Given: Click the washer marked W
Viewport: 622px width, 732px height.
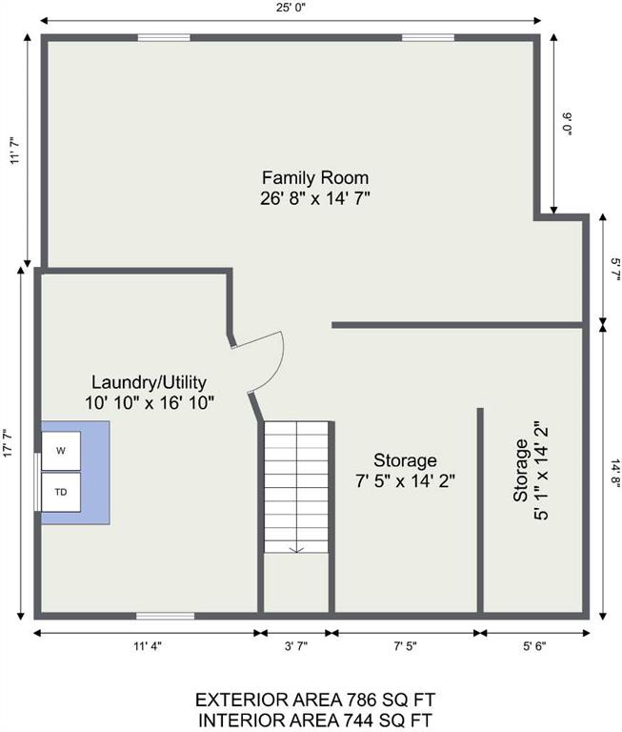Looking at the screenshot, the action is pos(61,451).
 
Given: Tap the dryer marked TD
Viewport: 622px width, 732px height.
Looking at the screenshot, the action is pos(61,492).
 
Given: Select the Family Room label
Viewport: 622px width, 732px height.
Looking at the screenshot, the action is pos(315,177).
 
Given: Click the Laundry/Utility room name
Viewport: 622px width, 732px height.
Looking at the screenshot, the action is pos(149,382).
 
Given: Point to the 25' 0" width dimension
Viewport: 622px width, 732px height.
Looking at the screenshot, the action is pos(291,8).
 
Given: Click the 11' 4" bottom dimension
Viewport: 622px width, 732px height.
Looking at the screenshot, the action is pos(147,646).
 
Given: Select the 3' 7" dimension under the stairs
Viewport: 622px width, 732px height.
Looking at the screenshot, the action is pos(296,646).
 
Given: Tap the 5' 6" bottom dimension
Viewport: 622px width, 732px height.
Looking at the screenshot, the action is pos(534,646).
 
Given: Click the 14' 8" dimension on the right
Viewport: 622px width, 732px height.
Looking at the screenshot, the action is pos(615,474).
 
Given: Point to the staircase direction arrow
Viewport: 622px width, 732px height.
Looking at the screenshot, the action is pos(296,549).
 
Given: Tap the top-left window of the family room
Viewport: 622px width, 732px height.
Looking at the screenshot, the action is pos(164,38).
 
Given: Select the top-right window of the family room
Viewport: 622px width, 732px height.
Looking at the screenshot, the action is pos(429,38).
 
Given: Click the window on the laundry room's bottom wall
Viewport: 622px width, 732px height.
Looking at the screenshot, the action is pos(165,617).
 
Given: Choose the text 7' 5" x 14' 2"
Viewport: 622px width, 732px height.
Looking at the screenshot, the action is pos(405,480).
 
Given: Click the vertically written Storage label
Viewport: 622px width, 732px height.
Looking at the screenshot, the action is pos(521,470).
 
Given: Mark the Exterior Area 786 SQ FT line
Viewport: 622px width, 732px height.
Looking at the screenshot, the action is pos(315,701).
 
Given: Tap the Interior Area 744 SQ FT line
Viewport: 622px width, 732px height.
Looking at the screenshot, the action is pos(315,721).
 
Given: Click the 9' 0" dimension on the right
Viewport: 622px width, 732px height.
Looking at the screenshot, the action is pos(568,124).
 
